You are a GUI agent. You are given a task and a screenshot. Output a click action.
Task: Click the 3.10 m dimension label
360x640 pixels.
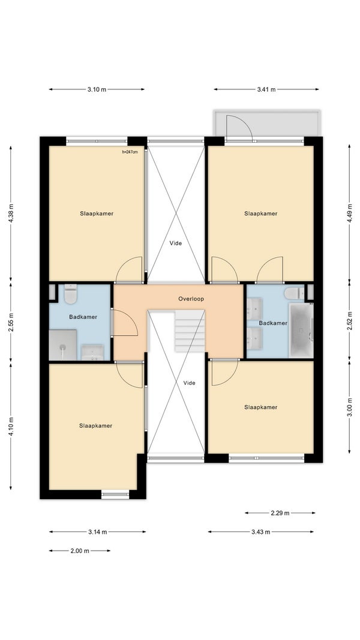pos(97,89)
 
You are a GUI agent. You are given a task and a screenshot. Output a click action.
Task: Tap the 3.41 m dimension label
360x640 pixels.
pos(266,89)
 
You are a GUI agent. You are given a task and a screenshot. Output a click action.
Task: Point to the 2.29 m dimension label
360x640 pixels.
pos(280,513)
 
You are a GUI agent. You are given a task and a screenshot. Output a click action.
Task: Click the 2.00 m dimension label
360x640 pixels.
pos(80,551)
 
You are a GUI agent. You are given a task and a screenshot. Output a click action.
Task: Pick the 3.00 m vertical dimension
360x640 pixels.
pos(349,406)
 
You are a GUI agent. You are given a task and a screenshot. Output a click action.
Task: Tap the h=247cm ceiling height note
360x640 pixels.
pos(130,152)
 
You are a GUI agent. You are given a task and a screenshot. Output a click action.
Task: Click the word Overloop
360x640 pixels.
pos(191,299)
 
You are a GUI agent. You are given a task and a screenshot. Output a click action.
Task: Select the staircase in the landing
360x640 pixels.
pos(190,330)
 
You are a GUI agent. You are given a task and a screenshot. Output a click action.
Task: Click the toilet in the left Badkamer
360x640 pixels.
pos(71,294)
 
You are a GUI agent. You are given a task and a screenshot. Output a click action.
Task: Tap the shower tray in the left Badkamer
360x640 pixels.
pos(62,345)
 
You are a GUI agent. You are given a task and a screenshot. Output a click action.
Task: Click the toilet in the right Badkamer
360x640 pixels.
pos(294,293)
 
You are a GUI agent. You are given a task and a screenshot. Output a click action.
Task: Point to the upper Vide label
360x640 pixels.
pos(176,243)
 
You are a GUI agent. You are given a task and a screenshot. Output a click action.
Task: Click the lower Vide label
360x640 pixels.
pos(190,383)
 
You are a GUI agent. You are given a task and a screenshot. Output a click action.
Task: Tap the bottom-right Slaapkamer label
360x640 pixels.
pos(261,407)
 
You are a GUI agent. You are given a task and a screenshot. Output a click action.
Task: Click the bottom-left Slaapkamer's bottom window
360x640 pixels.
pos(115,495)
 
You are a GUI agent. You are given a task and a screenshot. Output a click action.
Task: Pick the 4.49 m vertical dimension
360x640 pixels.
pos(349,213)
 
